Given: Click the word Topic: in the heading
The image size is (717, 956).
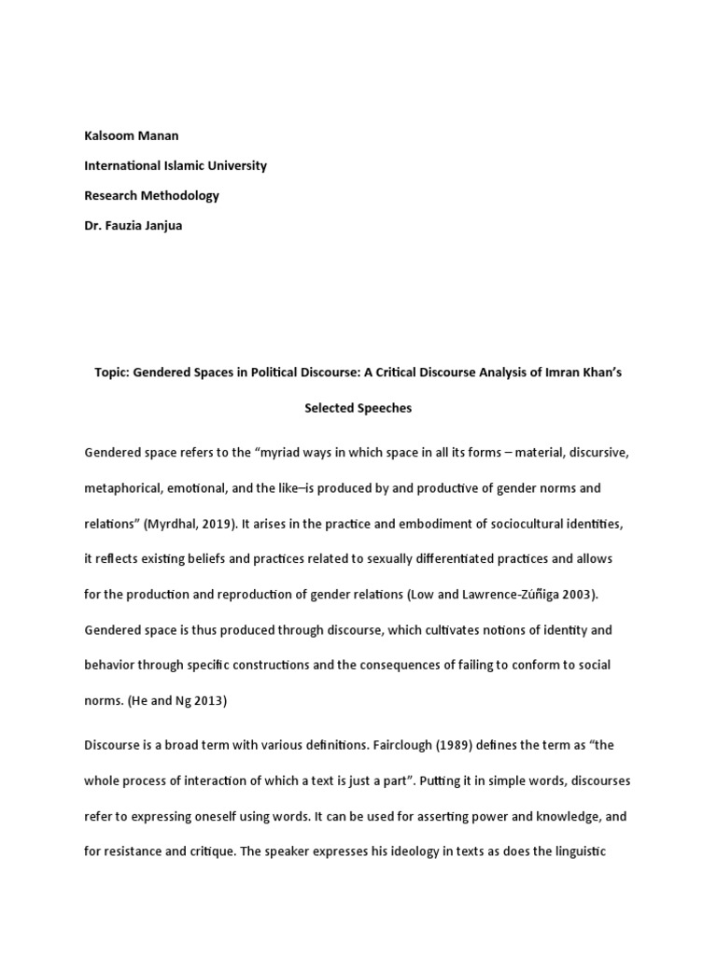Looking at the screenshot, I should [112, 372].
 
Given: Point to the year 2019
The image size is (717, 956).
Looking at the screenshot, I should [225, 524].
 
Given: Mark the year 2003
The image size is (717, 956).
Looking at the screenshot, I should [573, 595].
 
